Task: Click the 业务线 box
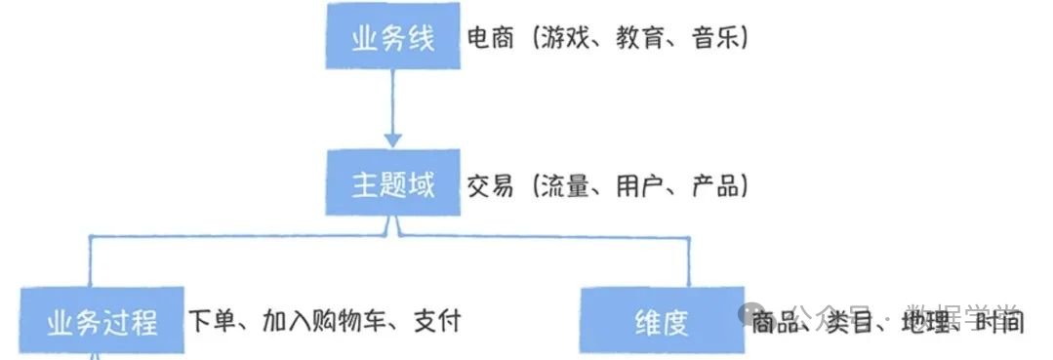[x=392, y=36]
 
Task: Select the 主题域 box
[x=392, y=183]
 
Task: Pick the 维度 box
[x=662, y=320]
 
